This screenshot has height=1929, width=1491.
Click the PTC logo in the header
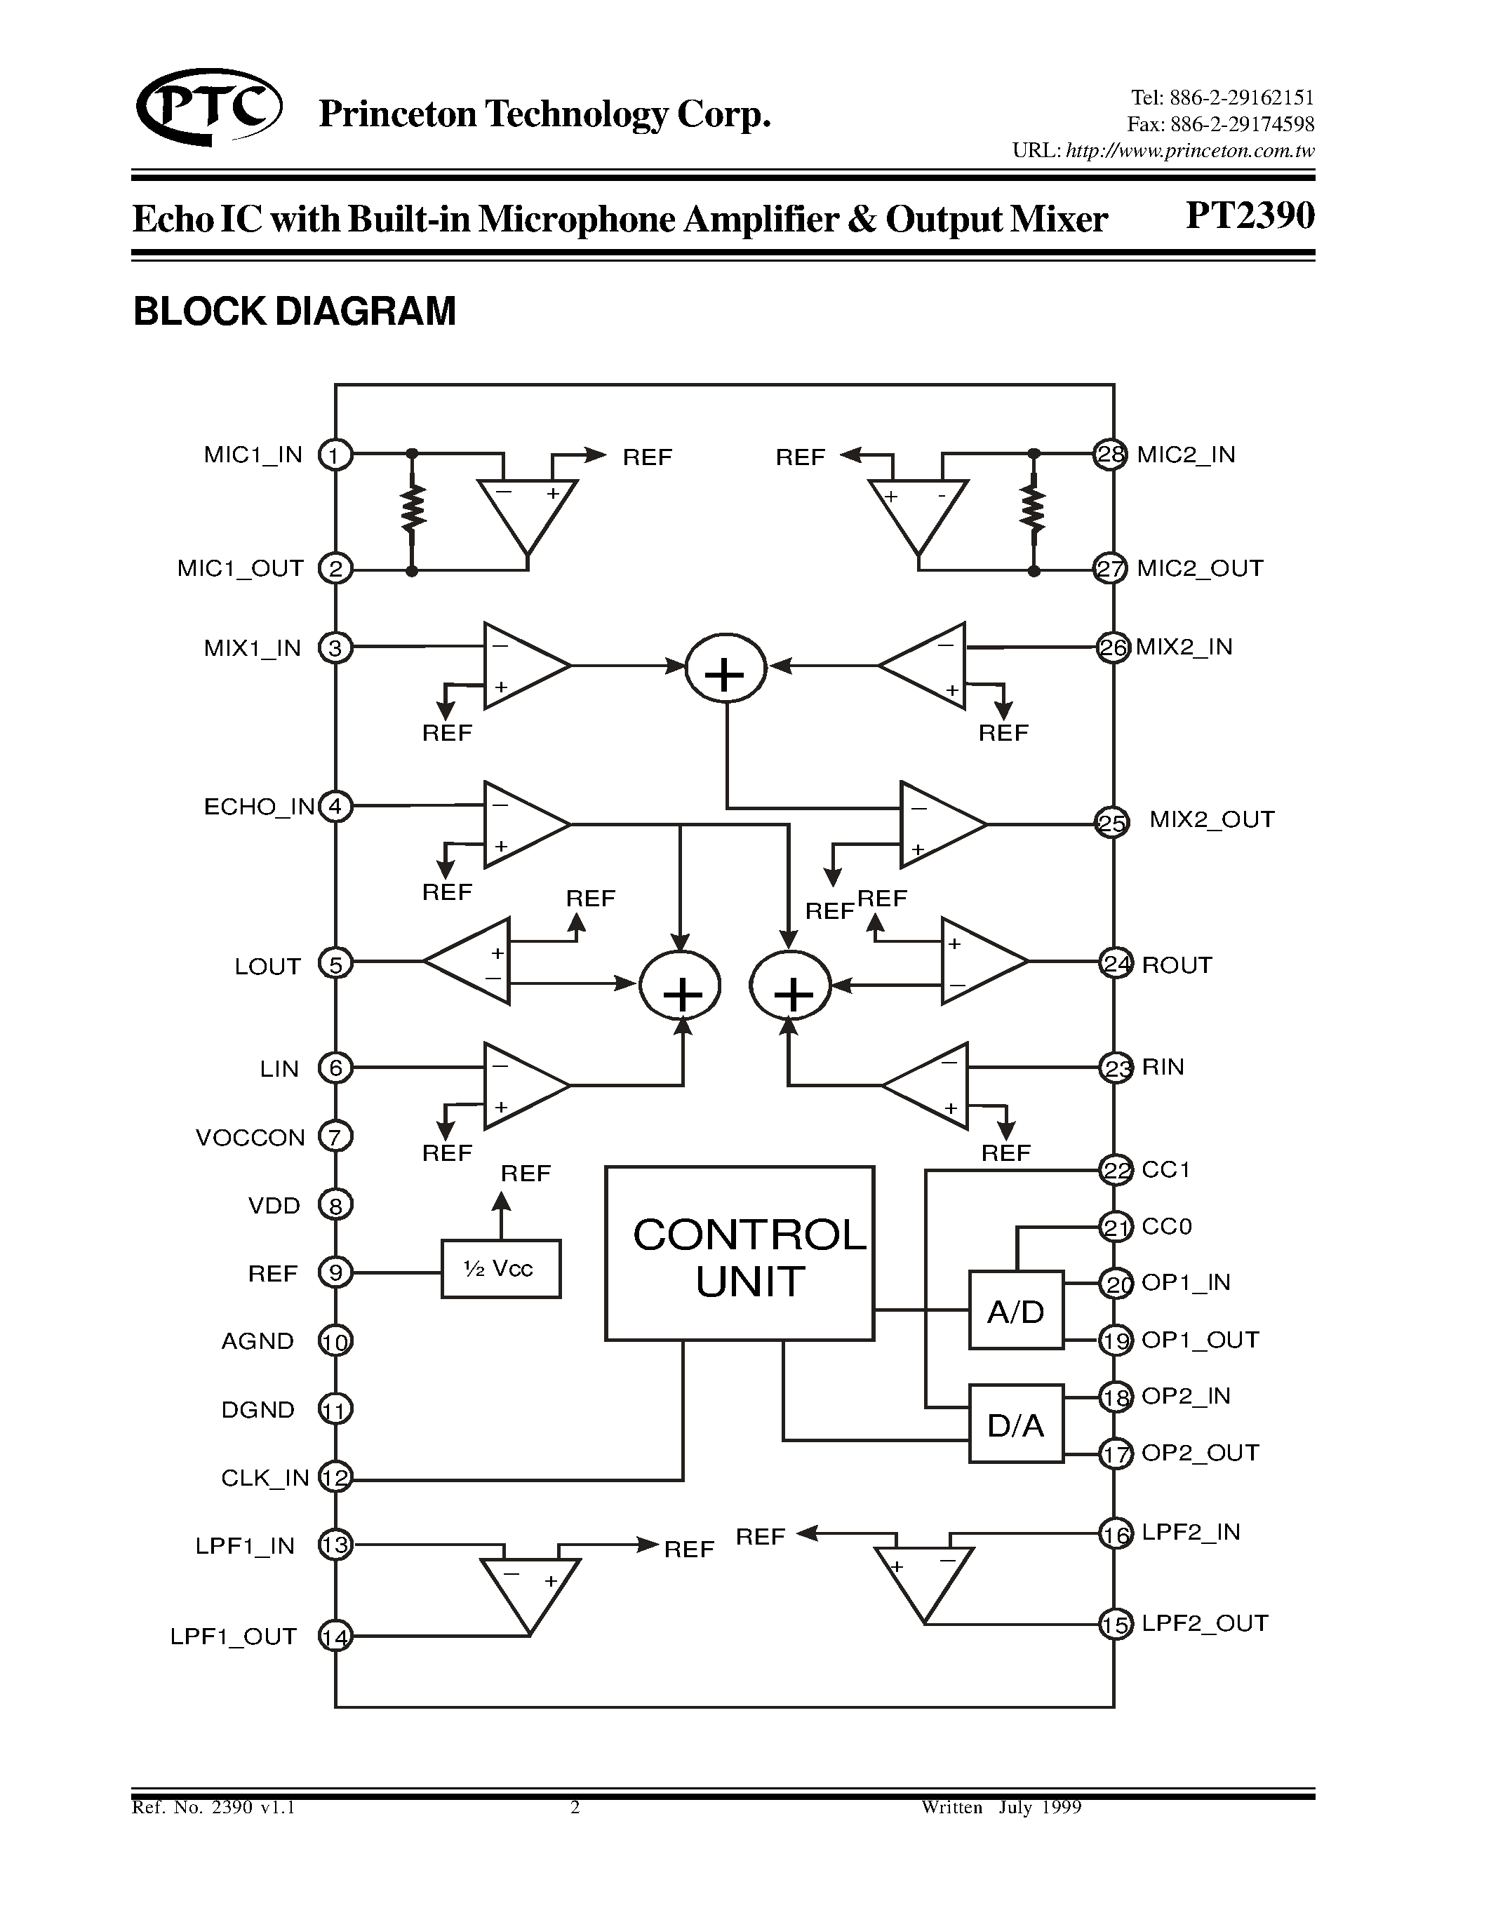tap(209, 108)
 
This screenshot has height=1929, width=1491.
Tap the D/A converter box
tap(1016, 1425)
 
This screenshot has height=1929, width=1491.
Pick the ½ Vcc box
tap(500, 1269)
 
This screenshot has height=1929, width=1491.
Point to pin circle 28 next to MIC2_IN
tap(1109, 455)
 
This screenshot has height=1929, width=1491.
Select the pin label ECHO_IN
tap(259, 807)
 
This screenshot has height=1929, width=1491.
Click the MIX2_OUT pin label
tap(1211, 819)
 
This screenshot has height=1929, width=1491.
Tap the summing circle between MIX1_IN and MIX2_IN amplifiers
tap(726, 668)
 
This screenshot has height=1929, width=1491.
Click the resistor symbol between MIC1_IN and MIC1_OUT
tap(412, 510)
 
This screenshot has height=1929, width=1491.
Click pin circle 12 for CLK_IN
tap(335, 1478)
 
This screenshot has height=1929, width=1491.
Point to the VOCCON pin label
tap(250, 1138)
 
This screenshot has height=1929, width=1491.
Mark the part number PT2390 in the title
tap(1249, 215)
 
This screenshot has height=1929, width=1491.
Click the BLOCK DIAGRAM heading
tap(294, 311)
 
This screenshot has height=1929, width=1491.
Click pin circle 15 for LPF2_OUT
tap(1115, 1625)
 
